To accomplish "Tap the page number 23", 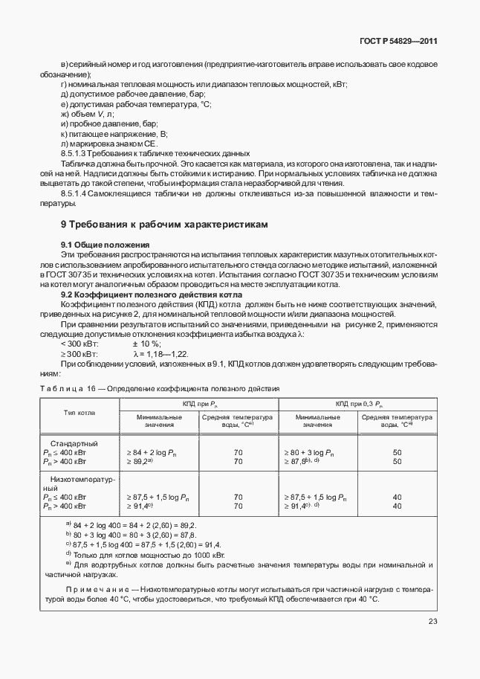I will coord(433,622).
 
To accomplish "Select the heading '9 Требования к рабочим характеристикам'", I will coord(163,224).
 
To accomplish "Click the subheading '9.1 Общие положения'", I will coord(105,245).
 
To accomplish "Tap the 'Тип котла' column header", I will coord(80,412).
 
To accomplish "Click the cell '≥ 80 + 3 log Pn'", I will coord(310,451).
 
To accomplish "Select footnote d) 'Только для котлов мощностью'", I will coord(145,554).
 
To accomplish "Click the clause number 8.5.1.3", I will coord(77,152).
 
